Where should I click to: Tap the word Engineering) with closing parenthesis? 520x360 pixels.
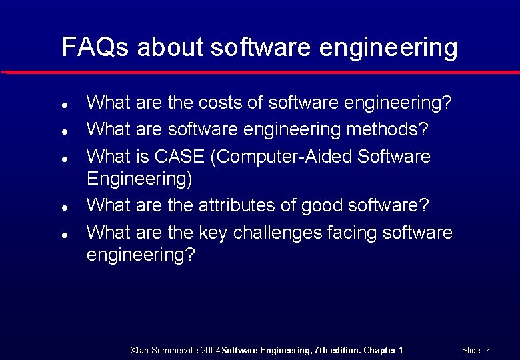tap(140, 180)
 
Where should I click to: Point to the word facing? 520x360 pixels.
tap(357, 233)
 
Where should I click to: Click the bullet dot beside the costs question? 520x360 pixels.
tap(62, 105)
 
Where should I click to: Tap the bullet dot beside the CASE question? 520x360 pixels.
tap(62, 159)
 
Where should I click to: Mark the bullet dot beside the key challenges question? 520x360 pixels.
tap(62, 235)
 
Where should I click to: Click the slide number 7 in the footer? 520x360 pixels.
tap(488, 350)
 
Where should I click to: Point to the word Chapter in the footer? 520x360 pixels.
tap(380, 350)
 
